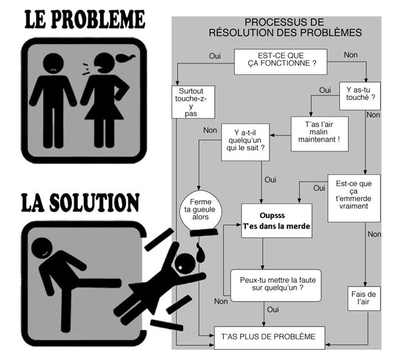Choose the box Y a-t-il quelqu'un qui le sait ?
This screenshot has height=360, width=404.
(x=245, y=142)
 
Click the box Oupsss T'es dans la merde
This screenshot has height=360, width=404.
(x=277, y=221)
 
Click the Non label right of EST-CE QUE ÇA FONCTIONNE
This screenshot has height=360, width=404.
(x=350, y=55)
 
